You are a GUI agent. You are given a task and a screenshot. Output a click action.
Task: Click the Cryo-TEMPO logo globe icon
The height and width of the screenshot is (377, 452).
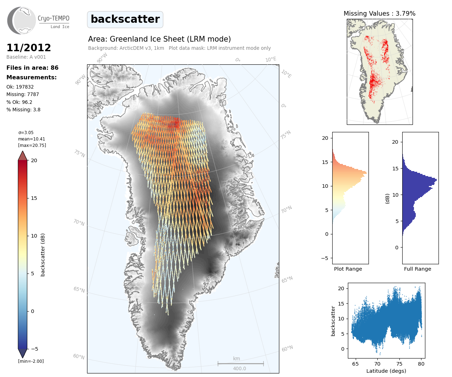[x=22, y=21]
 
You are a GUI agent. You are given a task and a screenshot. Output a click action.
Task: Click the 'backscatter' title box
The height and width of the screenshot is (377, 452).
[x=125, y=19]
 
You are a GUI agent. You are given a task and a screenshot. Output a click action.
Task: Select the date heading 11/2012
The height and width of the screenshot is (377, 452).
[x=29, y=48]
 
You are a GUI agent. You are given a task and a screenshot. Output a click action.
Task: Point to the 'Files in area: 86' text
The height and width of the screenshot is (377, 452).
[x=32, y=68]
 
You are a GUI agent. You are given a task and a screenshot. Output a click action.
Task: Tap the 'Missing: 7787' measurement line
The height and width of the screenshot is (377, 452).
[x=23, y=94]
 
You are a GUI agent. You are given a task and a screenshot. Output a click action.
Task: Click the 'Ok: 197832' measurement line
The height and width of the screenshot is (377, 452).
[x=20, y=87]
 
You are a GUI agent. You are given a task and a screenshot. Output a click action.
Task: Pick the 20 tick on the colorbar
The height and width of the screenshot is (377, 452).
[x=34, y=160]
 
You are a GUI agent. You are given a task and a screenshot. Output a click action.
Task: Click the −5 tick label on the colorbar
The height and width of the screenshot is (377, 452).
[x=34, y=349]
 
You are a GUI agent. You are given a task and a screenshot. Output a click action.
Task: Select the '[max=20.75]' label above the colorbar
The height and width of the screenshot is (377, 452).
[x=32, y=145]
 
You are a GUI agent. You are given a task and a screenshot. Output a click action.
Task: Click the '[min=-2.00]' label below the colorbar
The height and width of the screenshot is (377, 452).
[x=31, y=361]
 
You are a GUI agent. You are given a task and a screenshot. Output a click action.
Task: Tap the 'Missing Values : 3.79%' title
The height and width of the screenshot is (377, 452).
[x=380, y=14]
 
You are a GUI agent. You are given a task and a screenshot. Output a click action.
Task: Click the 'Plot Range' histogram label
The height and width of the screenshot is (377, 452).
[x=348, y=269]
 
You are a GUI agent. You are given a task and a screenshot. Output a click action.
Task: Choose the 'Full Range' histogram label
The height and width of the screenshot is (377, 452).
[x=418, y=269]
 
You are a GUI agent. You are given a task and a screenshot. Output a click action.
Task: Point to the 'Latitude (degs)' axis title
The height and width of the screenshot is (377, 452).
[x=386, y=371]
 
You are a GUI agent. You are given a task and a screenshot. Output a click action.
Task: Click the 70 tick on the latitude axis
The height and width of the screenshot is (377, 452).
[x=377, y=364]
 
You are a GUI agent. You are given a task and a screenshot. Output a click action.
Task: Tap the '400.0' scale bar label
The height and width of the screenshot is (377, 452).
[x=240, y=368]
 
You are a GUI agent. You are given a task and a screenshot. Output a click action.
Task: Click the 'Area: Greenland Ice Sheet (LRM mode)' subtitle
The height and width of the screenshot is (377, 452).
[x=160, y=39]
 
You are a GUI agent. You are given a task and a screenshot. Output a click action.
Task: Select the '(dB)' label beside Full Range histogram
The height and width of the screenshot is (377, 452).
[x=387, y=198]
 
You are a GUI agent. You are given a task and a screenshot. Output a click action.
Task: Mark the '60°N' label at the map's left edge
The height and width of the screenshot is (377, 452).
[x=79, y=356]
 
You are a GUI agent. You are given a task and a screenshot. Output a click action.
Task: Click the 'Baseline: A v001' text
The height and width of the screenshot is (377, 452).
[x=26, y=57]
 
